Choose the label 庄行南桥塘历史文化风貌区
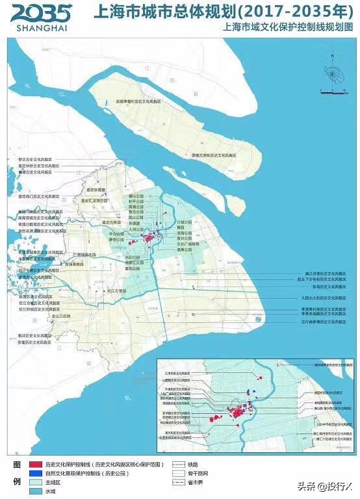[x=325, y=322]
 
